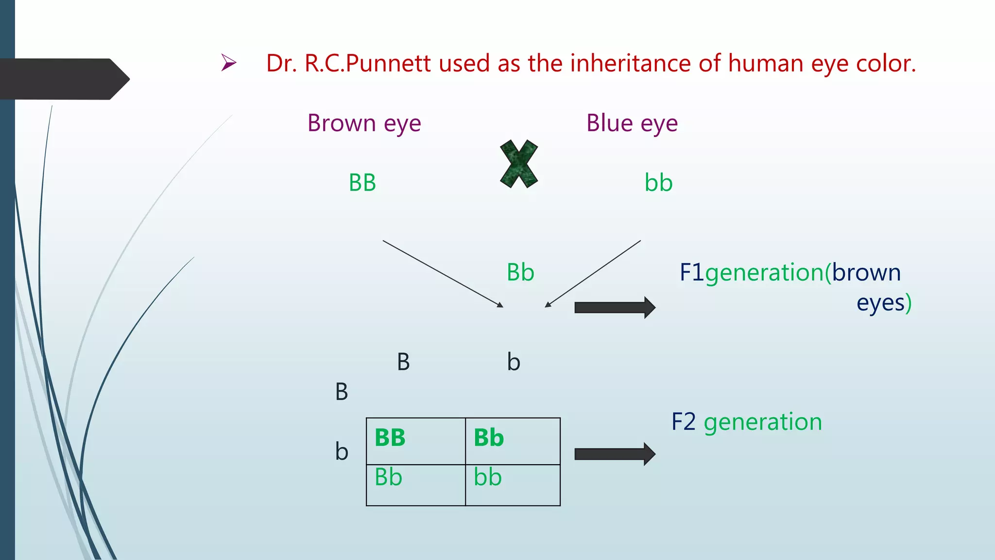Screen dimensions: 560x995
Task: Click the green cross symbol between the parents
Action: pos(519,164)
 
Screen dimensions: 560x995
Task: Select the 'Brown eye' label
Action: pos(364,123)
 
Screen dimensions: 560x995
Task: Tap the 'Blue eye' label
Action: pos(632,123)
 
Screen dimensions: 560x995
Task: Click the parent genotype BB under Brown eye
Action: pos(362,183)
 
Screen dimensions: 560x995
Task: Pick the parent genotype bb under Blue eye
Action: pos(658,183)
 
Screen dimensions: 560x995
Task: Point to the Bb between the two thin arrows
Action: pos(520,272)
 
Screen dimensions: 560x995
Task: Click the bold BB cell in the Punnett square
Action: pos(390,437)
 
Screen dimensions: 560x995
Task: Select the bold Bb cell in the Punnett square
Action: pos(489,437)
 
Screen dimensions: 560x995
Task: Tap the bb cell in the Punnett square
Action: pos(488,477)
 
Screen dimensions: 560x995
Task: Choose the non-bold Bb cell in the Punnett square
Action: pos(388,477)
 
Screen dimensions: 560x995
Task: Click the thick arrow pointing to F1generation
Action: pos(615,307)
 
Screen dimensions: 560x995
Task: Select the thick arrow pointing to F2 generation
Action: pos(615,454)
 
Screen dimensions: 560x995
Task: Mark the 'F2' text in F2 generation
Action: pos(684,422)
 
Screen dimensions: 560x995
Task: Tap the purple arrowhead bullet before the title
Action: pos(228,63)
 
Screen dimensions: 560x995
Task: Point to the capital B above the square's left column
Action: pos(403,362)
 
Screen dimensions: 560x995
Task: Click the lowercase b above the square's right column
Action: pos(514,362)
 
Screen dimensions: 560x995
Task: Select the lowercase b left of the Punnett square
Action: pos(342,452)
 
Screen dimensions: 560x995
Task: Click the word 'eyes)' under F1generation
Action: pos(884,303)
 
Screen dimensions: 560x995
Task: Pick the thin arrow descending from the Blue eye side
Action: pos(593,274)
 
